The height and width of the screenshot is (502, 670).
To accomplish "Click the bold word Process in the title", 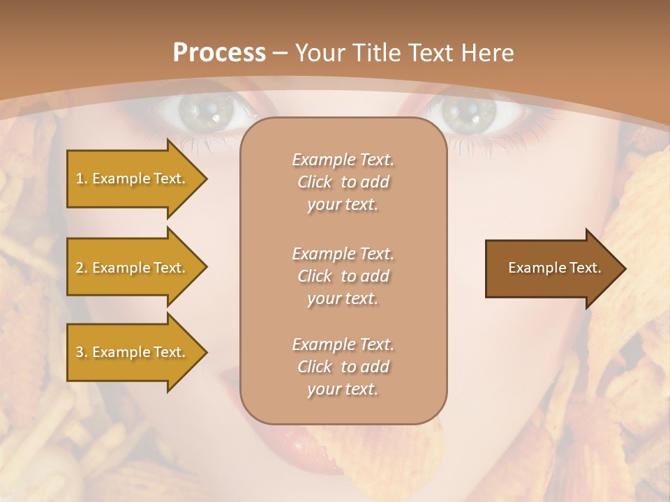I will pos(219,52).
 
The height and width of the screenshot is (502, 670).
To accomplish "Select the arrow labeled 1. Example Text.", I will pos(133,178).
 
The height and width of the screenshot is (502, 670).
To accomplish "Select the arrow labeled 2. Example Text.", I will pos(133,268).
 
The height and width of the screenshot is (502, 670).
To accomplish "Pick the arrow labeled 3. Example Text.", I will pos(133,352).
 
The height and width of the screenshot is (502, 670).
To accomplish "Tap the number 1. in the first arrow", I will pos(81,178).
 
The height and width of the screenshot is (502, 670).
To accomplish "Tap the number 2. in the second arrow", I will pos(81,268).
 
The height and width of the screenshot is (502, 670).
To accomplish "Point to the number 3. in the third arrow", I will pos(81,352).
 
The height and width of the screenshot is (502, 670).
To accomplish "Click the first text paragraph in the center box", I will pos(343,182).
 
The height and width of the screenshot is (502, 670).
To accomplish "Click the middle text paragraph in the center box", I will pos(343,276).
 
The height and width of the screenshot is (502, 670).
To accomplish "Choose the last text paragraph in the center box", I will pos(343,367).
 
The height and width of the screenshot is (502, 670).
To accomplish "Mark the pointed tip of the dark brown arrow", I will pos(625,268).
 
